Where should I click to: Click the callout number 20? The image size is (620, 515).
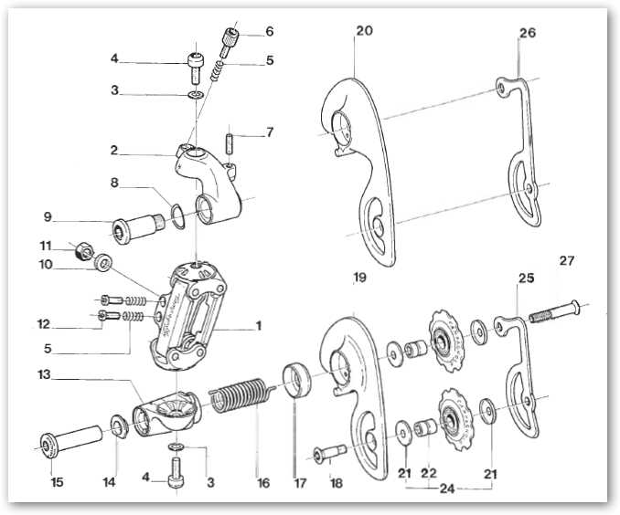(364, 31)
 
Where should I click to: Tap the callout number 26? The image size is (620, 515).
(528, 33)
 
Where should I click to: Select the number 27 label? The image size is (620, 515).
(566, 260)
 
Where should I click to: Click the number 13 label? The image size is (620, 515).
(43, 376)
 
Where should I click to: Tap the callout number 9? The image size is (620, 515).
(47, 218)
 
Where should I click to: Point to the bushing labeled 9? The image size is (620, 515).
(133, 228)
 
